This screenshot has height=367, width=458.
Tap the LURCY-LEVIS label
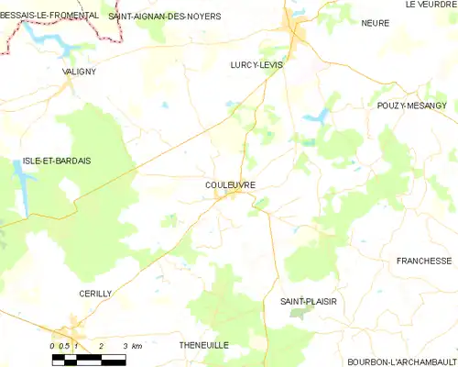tap(256, 65)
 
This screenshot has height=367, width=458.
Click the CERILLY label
tap(94, 293)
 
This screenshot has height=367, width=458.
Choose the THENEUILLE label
tap(203, 344)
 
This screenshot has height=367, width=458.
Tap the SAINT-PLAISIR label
tap(307, 301)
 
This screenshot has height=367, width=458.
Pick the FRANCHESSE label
tap(424, 261)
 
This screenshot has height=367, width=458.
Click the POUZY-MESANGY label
tap(417, 106)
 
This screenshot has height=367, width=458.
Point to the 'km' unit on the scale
tap(136, 346)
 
